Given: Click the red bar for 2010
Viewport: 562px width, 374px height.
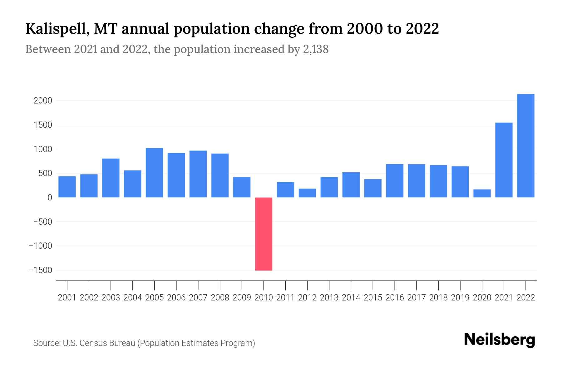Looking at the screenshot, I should click(x=264, y=234).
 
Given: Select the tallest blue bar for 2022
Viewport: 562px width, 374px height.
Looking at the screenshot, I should click(x=525, y=146).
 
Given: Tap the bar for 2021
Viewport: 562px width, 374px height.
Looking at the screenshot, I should click(x=504, y=160).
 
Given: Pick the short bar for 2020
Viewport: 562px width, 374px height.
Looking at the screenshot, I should click(x=482, y=193).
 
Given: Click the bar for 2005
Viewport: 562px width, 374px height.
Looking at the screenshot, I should click(x=154, y=173).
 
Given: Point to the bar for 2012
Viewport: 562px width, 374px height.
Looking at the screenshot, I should click(x=307, y=193).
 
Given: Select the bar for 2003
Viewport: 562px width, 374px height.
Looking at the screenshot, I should click(x=111, y=178).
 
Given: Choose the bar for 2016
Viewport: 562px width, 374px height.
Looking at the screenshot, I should click(x=395, y=181).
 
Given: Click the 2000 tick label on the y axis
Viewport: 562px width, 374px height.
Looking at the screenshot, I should click(x=43, y=101).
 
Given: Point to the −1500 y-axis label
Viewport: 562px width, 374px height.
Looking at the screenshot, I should click(x=40, y=270).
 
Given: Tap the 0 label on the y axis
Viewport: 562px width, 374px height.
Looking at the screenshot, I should click(x=50, y=198).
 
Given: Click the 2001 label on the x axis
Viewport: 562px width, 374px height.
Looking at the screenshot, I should click(x=67, y=298).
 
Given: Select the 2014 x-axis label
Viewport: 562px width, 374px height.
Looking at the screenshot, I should click(x=351, y=298).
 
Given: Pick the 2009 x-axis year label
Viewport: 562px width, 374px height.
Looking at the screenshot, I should click(x=242, y=298).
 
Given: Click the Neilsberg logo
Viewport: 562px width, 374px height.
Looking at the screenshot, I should click(x=500, y=340).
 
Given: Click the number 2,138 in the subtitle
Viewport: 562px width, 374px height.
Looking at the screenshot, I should click(x=316, y=49).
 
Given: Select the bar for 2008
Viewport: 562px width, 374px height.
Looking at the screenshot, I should click(x=220, y=175).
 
